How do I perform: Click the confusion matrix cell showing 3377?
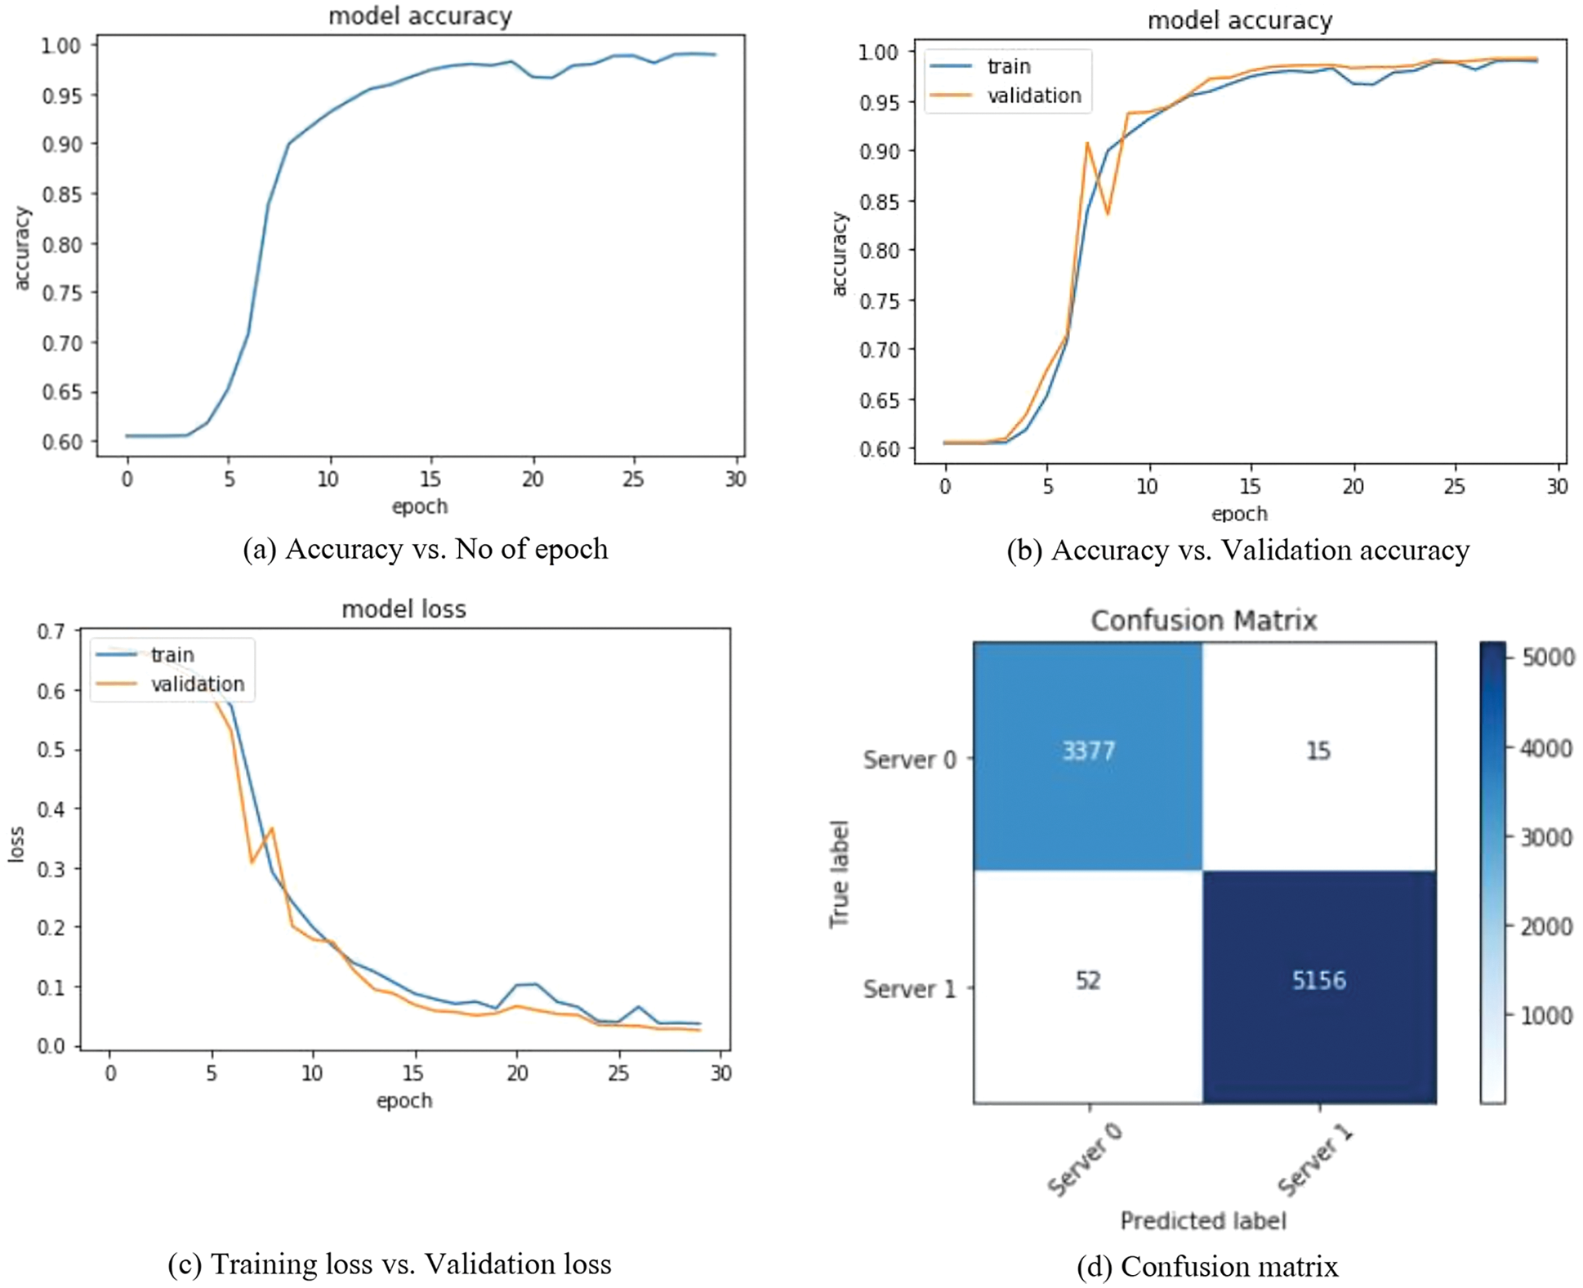click(1088, 751)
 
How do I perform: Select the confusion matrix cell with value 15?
click(1318, 751)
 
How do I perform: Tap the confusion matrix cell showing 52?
click(1088, 981)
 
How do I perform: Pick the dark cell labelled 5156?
click(1318, 981)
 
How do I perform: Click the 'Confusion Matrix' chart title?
click(1203, 621)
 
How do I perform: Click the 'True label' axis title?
click(840, 874)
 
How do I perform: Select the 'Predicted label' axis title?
click(1203, 1221)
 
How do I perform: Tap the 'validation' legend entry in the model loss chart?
click(197, 684)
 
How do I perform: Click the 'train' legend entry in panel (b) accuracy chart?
click(1009, 66)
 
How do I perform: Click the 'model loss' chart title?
click(404, 609)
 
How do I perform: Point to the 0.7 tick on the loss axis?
click(51, 631)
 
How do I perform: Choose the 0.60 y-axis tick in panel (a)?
click(62, 442)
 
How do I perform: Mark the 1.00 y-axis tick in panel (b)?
click(878, 52)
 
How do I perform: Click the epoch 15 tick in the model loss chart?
click(414, 1073)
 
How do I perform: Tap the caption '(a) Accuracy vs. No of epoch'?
click(426, 549)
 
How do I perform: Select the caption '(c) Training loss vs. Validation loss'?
click(390, 1264)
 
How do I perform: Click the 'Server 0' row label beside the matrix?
click(909, 760)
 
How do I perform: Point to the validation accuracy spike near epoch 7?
click(1087, 144)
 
